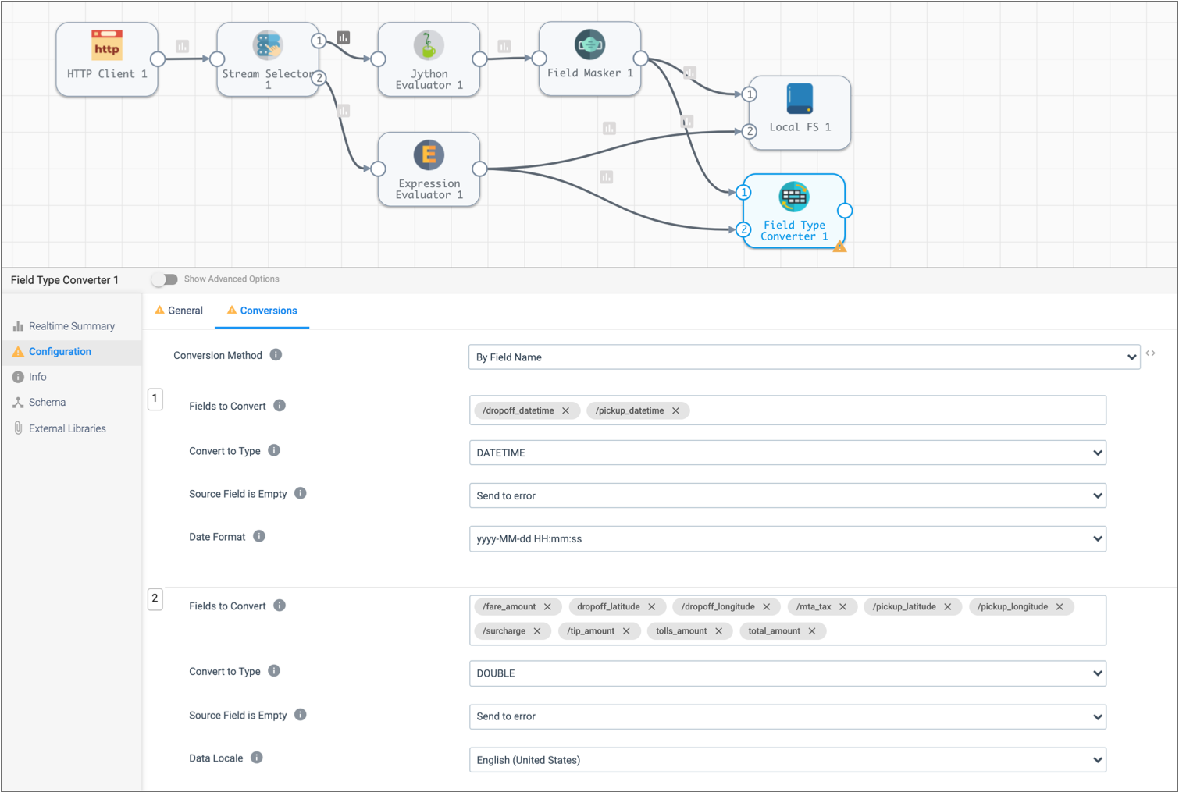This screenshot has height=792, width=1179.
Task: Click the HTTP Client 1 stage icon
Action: point(107,46)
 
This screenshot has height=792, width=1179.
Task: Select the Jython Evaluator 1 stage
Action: point(429,59)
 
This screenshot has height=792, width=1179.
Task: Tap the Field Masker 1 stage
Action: point(589,59)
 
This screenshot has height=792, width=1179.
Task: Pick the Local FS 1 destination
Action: point(800,112)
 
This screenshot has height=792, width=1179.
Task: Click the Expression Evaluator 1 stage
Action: point(429,169)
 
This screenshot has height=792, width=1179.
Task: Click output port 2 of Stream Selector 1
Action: point(319,77)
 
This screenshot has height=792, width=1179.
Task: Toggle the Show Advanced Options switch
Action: point(165,279)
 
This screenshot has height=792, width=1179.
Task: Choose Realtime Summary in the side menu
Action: point(71,326)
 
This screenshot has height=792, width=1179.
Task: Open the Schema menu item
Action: point(47,403)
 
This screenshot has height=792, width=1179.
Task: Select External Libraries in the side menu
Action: point(67,428)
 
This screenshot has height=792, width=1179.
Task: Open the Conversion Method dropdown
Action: point(803,357)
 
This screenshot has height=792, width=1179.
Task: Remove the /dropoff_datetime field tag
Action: point(566,410)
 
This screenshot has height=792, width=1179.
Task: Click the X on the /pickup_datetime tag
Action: point(676,410)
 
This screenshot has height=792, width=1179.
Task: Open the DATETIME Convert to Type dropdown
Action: point(787,453)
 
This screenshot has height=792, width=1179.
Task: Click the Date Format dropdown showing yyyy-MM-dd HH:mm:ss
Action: point(787,538)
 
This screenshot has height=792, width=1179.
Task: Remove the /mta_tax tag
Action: point(843,606)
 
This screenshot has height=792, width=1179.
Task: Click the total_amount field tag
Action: point(774,631)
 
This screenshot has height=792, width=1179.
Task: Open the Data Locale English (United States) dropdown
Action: point(787,760)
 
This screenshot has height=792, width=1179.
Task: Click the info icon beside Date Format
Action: point(259,536)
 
